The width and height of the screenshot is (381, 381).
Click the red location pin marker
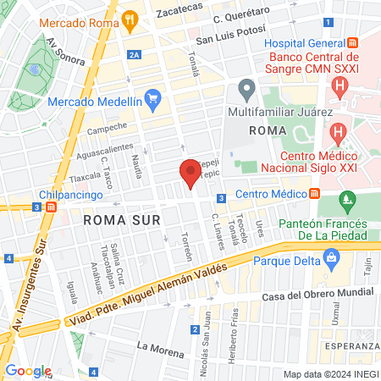click(190, 172)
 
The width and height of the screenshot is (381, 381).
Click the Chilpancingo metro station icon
click(52, 206)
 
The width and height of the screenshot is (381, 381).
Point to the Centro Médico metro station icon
click(315, 195)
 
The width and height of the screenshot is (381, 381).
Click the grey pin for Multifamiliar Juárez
click(246, 87)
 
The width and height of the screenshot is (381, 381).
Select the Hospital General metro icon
click(353, 42)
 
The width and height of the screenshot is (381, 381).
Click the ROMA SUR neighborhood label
click(116, 219)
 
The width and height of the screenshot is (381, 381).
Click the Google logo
click(28, 370)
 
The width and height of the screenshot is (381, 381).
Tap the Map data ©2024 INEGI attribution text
click(330, 374)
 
